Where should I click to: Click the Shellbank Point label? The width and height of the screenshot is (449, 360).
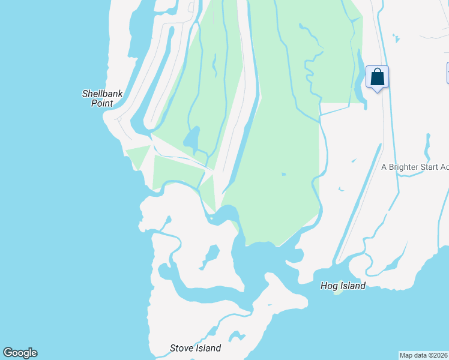pos(98,98)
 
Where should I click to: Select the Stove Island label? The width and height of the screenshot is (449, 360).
pos(195,348)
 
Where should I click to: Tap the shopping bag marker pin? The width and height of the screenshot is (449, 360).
pos(377,77)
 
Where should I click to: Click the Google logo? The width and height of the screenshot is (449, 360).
pos(20,353)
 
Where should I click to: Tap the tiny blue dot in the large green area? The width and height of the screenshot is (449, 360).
pos(283,175)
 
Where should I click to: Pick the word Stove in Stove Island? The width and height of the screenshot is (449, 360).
pos(181,348)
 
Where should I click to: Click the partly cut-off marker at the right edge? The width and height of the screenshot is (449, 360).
pos(447,73)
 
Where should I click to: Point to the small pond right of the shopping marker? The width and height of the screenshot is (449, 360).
pos(396,38)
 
